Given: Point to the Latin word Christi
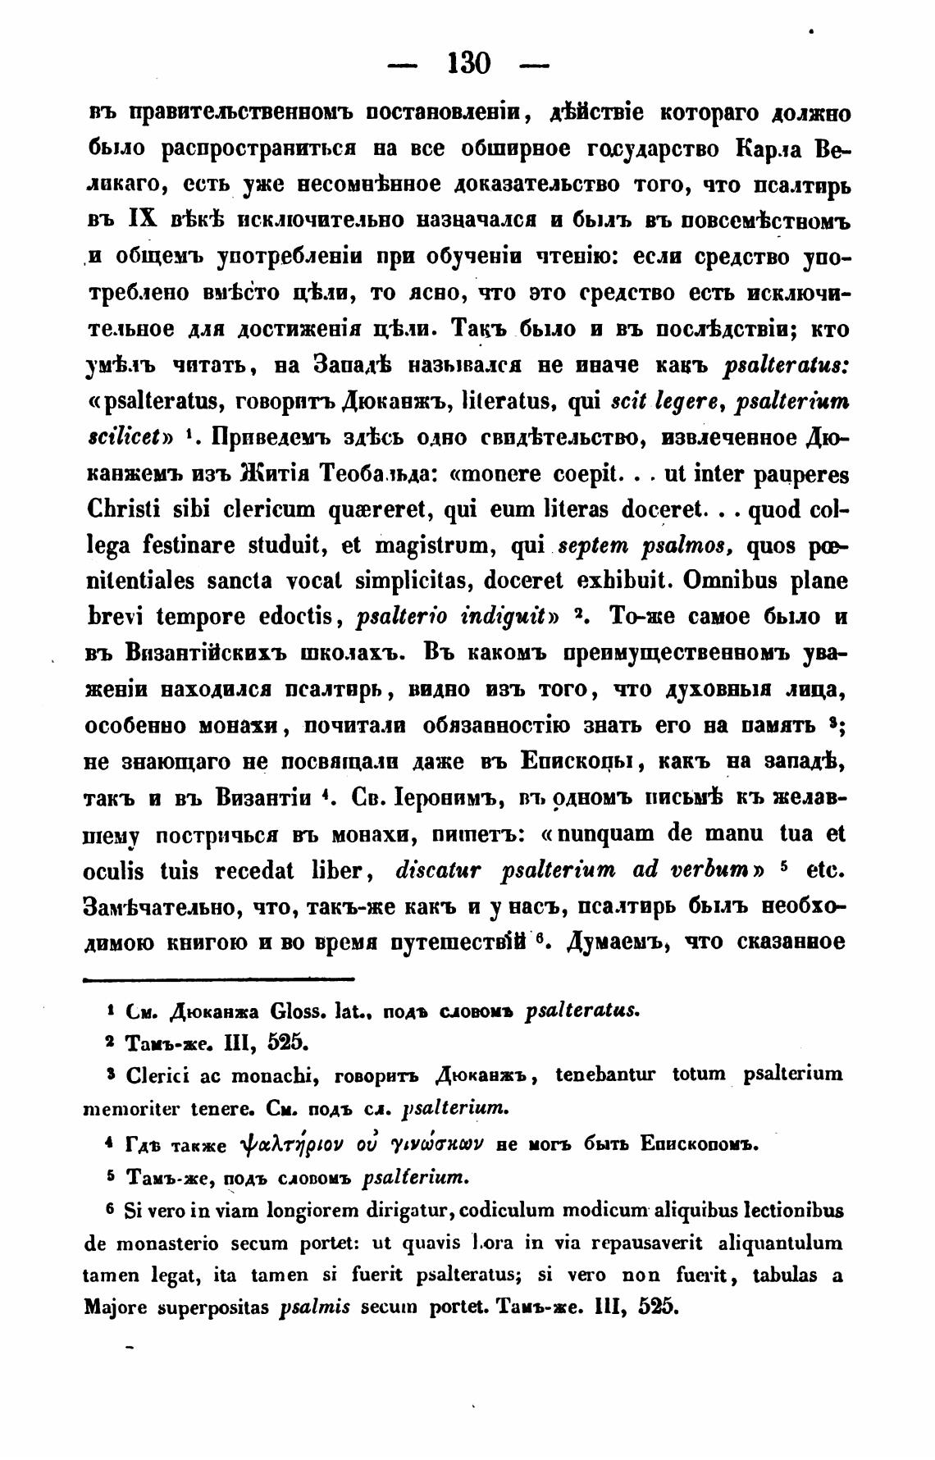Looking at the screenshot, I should click(x=122, y=511).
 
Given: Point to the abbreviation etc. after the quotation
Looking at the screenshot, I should click(x=826, y=870).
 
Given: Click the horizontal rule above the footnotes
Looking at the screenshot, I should click(x=219, y=979).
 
